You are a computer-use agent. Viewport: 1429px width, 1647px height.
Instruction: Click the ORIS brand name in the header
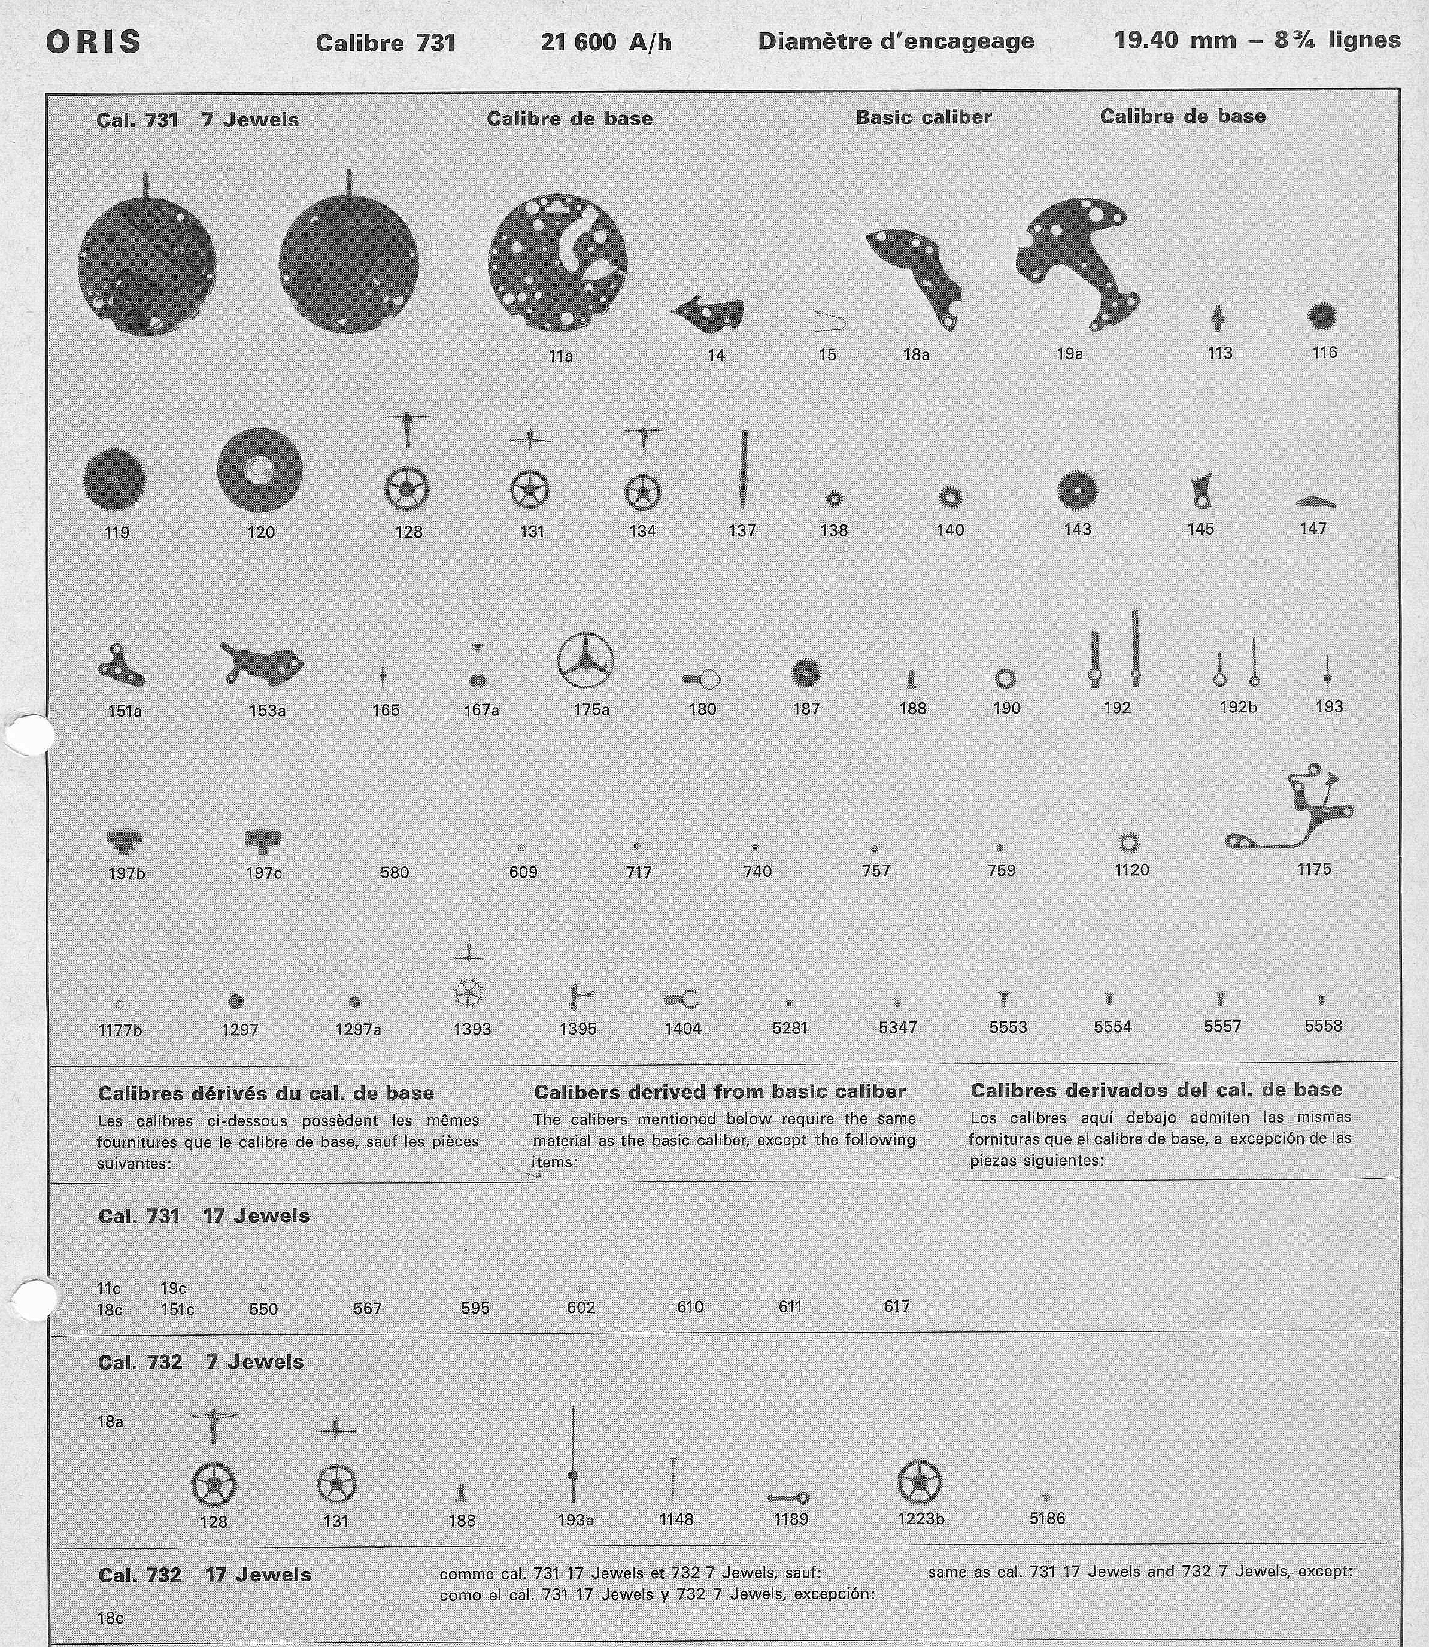(x=93, y=43)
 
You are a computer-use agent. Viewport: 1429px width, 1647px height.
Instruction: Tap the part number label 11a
(x=560, y=356)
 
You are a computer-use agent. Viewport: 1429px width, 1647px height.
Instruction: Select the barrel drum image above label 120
(x=259, y=471)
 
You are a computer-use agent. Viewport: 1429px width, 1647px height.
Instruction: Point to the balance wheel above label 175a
(x=585, y=661)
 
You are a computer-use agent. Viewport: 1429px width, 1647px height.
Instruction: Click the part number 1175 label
(x=1313, y=869)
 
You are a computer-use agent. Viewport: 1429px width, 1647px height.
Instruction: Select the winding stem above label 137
(x=743, y=470)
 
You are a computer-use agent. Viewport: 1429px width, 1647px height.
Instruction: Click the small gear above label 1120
(x=1129, y=842)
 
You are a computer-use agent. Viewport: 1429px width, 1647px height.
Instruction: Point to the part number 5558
(x=1323, y=1026)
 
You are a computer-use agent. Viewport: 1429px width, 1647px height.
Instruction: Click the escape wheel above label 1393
(x=468, y=993)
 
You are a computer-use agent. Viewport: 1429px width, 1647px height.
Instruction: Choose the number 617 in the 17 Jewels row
(x=896, y=1306)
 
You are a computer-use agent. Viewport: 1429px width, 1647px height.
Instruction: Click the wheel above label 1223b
(x=920, y=1482)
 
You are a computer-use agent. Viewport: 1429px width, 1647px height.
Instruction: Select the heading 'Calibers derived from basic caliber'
(x=719, y=1091)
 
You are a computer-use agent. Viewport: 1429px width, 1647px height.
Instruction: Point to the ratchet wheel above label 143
(x=1078, y=490)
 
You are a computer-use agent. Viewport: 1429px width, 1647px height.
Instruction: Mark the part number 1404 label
(x=682, y=1028)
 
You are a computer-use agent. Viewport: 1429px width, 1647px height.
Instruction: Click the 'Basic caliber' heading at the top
(x=923, y=117)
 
